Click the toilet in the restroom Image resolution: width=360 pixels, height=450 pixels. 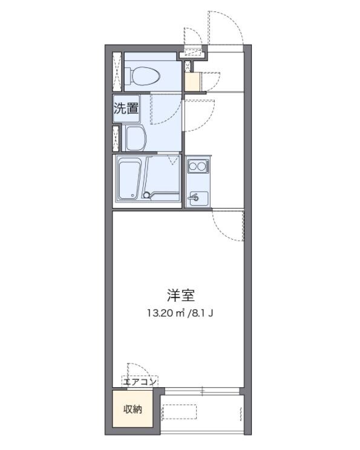pyautogui.click(x=144, y=76)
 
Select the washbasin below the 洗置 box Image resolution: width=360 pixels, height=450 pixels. pyautogui.click(x=136, y=138)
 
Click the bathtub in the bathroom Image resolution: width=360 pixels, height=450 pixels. pyautogui.click(x=128, y=178)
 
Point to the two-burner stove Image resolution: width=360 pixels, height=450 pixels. pyautogui.click(x=197, y=165)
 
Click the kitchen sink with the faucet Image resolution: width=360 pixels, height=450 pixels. pyautogui.click(x=197, y=197)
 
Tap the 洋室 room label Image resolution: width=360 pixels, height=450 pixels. pyautogui.click(x=180, y=296)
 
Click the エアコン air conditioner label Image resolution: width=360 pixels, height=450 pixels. pyautogui.click(x=140, y=382)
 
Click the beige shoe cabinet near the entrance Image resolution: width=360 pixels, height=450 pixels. pyautogui.click(x=192, y=82)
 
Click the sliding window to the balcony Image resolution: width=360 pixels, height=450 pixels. pyautogui.click(x=202, y=391)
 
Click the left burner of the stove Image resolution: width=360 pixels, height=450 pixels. pyautogui.click(x=192, y=165)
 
